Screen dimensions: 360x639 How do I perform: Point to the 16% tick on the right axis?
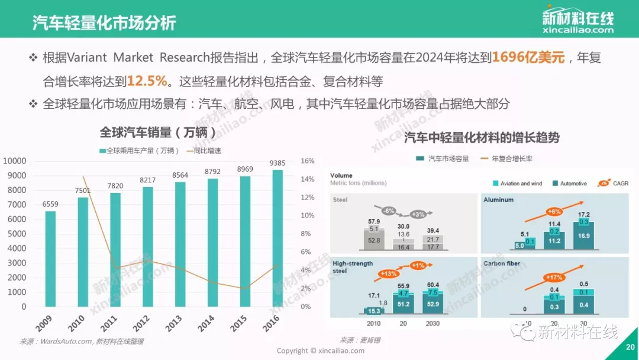pos(307,160)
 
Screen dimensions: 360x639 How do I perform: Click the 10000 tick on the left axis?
pos(15,161)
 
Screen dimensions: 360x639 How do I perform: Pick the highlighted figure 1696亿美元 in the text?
pos(529,57)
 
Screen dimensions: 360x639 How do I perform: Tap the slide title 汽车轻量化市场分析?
pos(104,24)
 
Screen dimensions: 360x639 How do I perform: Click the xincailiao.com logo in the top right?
pos(577,21)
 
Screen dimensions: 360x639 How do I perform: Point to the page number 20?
pos(630,348)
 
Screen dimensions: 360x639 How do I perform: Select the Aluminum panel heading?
pos(498,200)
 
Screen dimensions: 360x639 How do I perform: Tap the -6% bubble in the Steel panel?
pos(388,211)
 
